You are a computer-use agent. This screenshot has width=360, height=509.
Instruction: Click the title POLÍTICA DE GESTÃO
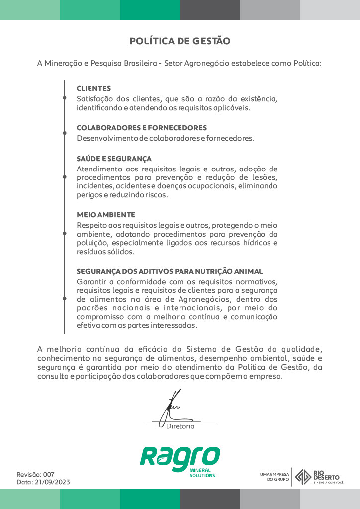[x=180, y=41]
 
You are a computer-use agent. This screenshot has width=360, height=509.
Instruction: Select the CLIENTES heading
[x=93, y=88]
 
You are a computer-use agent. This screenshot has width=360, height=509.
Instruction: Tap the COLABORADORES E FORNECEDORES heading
[x=142, y=128]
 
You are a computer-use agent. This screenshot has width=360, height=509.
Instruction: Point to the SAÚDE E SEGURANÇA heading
[x=114, y=159]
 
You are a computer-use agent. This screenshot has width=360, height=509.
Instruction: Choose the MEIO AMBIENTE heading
[x=106, y=215]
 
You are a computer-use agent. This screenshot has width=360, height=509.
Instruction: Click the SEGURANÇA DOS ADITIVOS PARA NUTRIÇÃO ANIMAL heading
[x=170, y=271]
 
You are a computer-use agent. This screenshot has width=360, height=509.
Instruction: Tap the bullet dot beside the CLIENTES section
[x=65, y=98]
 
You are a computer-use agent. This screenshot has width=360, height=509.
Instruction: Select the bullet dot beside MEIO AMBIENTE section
[x=65, y=233]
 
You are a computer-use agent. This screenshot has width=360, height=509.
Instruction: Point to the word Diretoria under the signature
[x=180, y=426]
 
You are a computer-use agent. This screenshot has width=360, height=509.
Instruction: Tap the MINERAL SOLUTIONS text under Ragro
[x=202, y=473]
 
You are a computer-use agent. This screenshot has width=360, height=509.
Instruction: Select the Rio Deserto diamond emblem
[x=303, y=476]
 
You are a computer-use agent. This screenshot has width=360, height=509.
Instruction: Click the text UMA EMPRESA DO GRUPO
[x=274, y=477]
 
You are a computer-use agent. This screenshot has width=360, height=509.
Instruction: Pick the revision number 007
[x=49, y=474]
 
